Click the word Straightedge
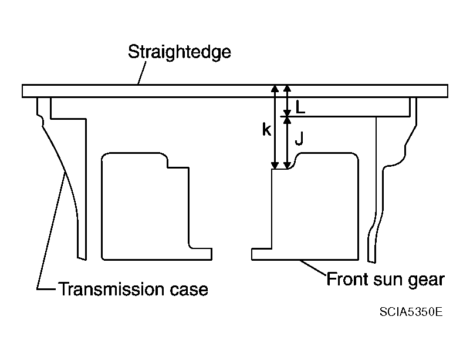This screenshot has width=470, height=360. click(x=179, y=53)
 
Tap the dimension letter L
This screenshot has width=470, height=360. click(x=300, y=107)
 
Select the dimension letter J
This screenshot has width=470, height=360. click(x=299, y=138)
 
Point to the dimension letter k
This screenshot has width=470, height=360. click(x=266, y=130)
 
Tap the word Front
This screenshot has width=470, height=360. click(x=347, y=279)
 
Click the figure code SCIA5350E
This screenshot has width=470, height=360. click(x=411, y=312)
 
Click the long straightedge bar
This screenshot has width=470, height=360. click(x=235, y=91)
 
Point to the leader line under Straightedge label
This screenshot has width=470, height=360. click(x=142, y=73)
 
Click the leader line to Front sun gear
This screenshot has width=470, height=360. click(x=313, y=267)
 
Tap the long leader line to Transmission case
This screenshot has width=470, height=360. click(x=50, y=231)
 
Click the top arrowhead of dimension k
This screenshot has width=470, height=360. click(x=275, y=88)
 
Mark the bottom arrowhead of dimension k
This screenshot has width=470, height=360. click(x=275, y=165)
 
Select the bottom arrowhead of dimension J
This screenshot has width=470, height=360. click(x=287, y=165)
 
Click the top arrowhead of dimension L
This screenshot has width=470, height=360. click(x=287, y=88)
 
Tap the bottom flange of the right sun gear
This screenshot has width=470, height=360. click(x=305, y=254)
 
